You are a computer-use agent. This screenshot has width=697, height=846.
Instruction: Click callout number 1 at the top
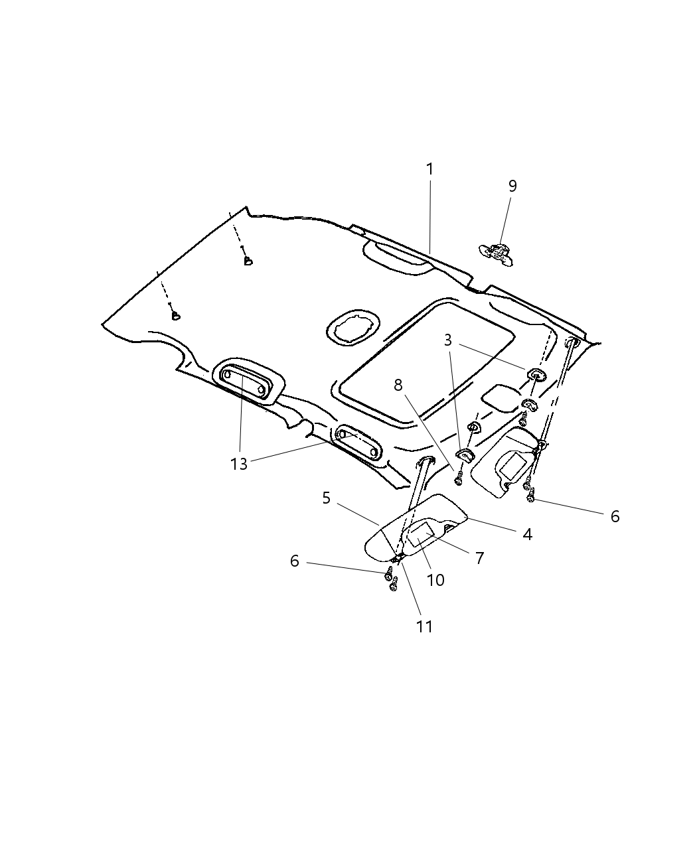pos(429,169)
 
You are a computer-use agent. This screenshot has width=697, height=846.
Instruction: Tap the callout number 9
pos(512,186)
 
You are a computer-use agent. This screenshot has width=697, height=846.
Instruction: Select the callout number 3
pos(448,340)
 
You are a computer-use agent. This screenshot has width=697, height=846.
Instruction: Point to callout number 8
pos(398,385)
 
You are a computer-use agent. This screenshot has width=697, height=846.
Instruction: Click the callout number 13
pos(239,464)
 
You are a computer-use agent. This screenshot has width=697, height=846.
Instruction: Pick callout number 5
pos(326,498)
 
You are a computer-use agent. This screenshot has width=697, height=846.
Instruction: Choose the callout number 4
pos(527,533)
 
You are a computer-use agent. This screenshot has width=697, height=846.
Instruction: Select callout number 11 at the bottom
pos(424,626)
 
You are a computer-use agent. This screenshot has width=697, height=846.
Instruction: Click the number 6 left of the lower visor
pos(295,561)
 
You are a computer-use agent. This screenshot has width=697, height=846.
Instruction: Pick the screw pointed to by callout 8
pos(458,478)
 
